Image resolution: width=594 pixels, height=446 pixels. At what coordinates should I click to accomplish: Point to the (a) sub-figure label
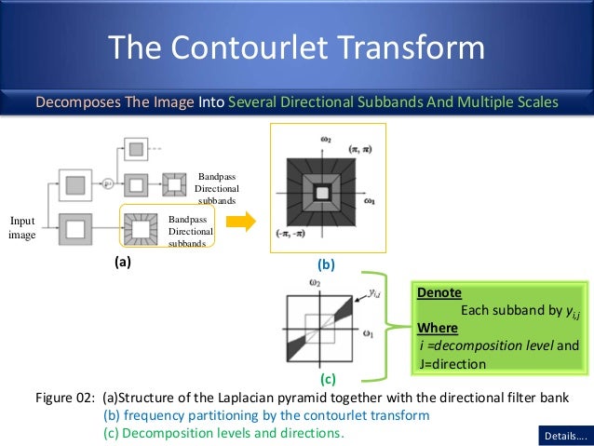[123, 263]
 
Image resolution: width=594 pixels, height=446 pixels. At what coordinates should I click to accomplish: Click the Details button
[564, 435]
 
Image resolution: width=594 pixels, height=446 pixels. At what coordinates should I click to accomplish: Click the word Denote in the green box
[439, 292]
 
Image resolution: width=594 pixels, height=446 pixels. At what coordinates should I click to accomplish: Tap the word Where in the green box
[438, 328]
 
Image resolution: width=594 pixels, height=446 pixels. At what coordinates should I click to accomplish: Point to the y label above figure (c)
[373, 292]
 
